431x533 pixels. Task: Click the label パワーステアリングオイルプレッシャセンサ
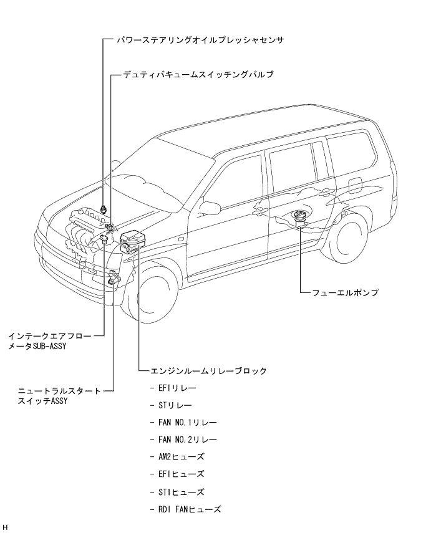click(200, 39)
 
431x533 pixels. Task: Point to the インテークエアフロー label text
click(49, 335)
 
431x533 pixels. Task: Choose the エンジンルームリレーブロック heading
click(208, 371)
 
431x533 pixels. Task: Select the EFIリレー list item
click(177, 388)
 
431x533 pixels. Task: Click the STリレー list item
click(175, 405)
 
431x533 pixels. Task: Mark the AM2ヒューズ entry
click(182, 457)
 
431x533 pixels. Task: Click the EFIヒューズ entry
click(181, 474)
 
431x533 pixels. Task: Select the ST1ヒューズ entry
click(181, 492)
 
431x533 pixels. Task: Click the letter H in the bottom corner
click(5, 527)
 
